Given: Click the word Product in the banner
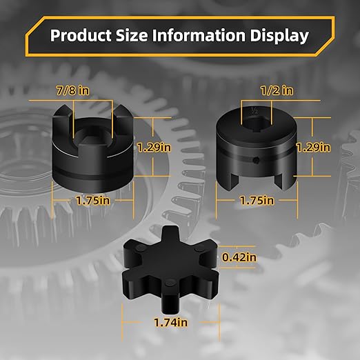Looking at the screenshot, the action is (x=81, y=35).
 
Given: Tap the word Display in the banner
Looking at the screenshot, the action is (x=279, y=36).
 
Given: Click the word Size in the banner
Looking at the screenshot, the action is (x=132, y=35).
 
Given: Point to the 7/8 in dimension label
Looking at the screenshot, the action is (x=73, y=90).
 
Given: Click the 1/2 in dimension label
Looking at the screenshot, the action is (x=277, y=90).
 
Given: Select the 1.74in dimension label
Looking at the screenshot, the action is (x=170, y=322).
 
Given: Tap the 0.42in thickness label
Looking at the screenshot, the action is (x=239, y=257).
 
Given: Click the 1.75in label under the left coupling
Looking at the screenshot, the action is (x=93, y=201).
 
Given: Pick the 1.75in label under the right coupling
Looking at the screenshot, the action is (x=257, y=201).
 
